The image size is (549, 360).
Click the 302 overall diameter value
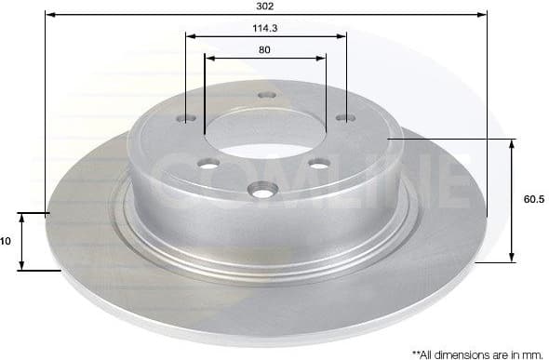pos(265,6)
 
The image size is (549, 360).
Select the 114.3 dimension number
pos(265,27)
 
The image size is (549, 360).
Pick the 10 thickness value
pos(6,241)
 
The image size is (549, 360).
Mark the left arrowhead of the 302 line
pos(48,15)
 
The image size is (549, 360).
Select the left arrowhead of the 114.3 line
pos(190,36)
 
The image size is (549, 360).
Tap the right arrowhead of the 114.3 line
pos(342,36)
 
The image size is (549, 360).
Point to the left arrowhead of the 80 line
pos(208,58)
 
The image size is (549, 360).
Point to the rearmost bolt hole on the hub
pos(267,94)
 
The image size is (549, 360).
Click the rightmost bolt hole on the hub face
pos(346,117)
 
